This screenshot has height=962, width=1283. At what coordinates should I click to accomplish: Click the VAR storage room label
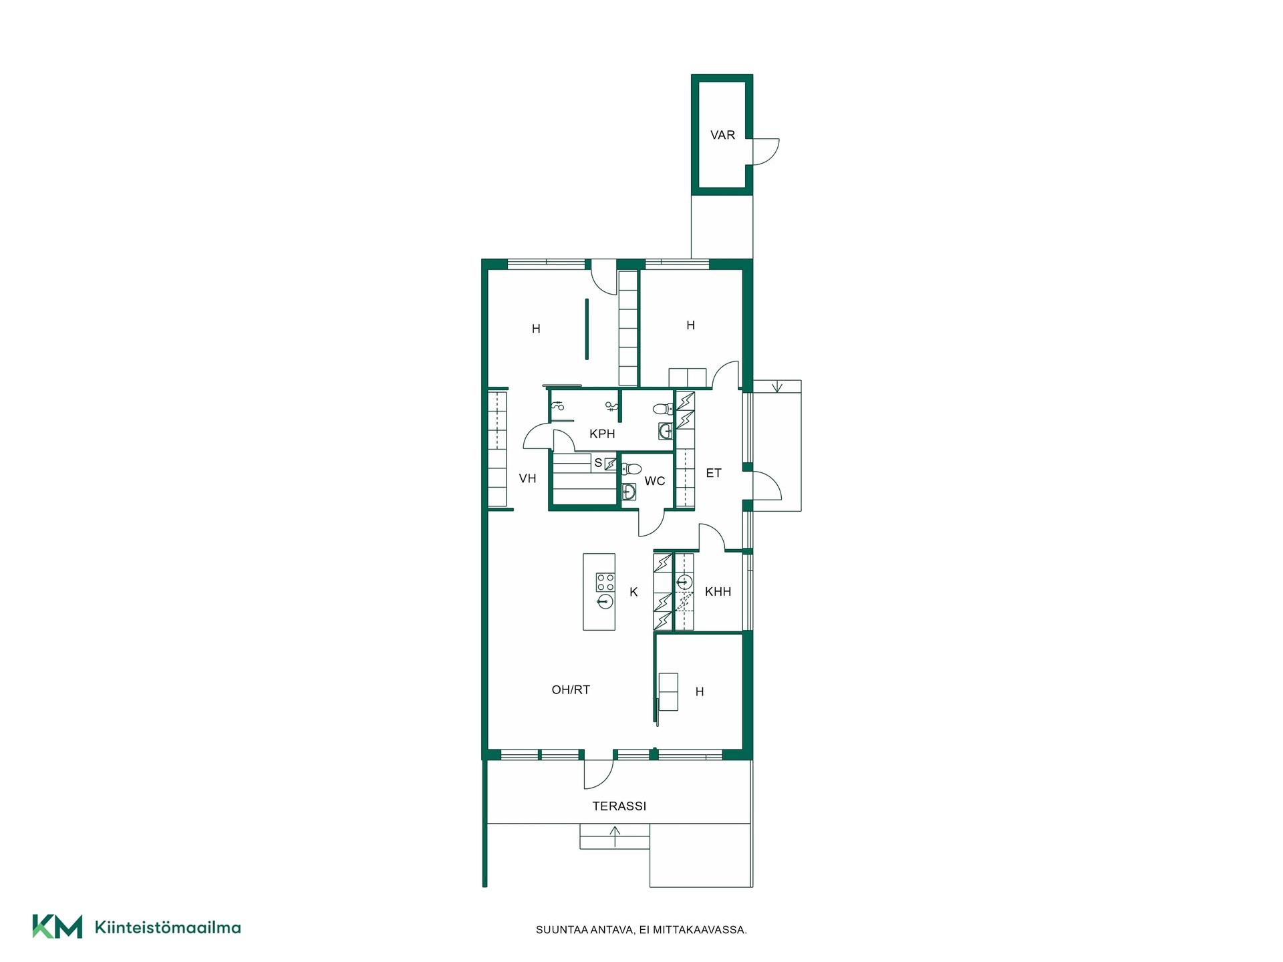[722, 135]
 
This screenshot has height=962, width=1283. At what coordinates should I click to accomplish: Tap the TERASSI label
[619, 806]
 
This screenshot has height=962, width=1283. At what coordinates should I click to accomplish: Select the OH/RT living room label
[571, 690]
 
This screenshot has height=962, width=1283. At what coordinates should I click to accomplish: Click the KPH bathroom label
[602, 434]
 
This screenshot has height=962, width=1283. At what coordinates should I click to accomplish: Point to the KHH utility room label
[718, 592]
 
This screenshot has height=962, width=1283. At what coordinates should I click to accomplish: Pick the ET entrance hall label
[714, 473]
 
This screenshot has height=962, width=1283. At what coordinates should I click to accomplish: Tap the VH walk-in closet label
[527, 478]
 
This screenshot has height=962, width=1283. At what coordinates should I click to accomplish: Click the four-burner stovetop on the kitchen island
[605, 582]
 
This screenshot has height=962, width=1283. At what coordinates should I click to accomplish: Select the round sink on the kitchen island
[605, 602]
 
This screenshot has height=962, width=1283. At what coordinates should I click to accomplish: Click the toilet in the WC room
[631, 469]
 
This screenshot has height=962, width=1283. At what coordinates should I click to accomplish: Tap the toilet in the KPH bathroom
[663, 409]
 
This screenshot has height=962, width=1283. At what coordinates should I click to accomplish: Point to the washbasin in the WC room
[628, 492]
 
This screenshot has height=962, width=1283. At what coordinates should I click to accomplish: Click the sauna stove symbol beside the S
[610, 463]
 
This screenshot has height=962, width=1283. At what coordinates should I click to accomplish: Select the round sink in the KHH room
[684, 582]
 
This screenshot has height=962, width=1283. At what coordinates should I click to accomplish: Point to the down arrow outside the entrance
[777, 387]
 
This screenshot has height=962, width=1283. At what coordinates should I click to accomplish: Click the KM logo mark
[57, 927]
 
